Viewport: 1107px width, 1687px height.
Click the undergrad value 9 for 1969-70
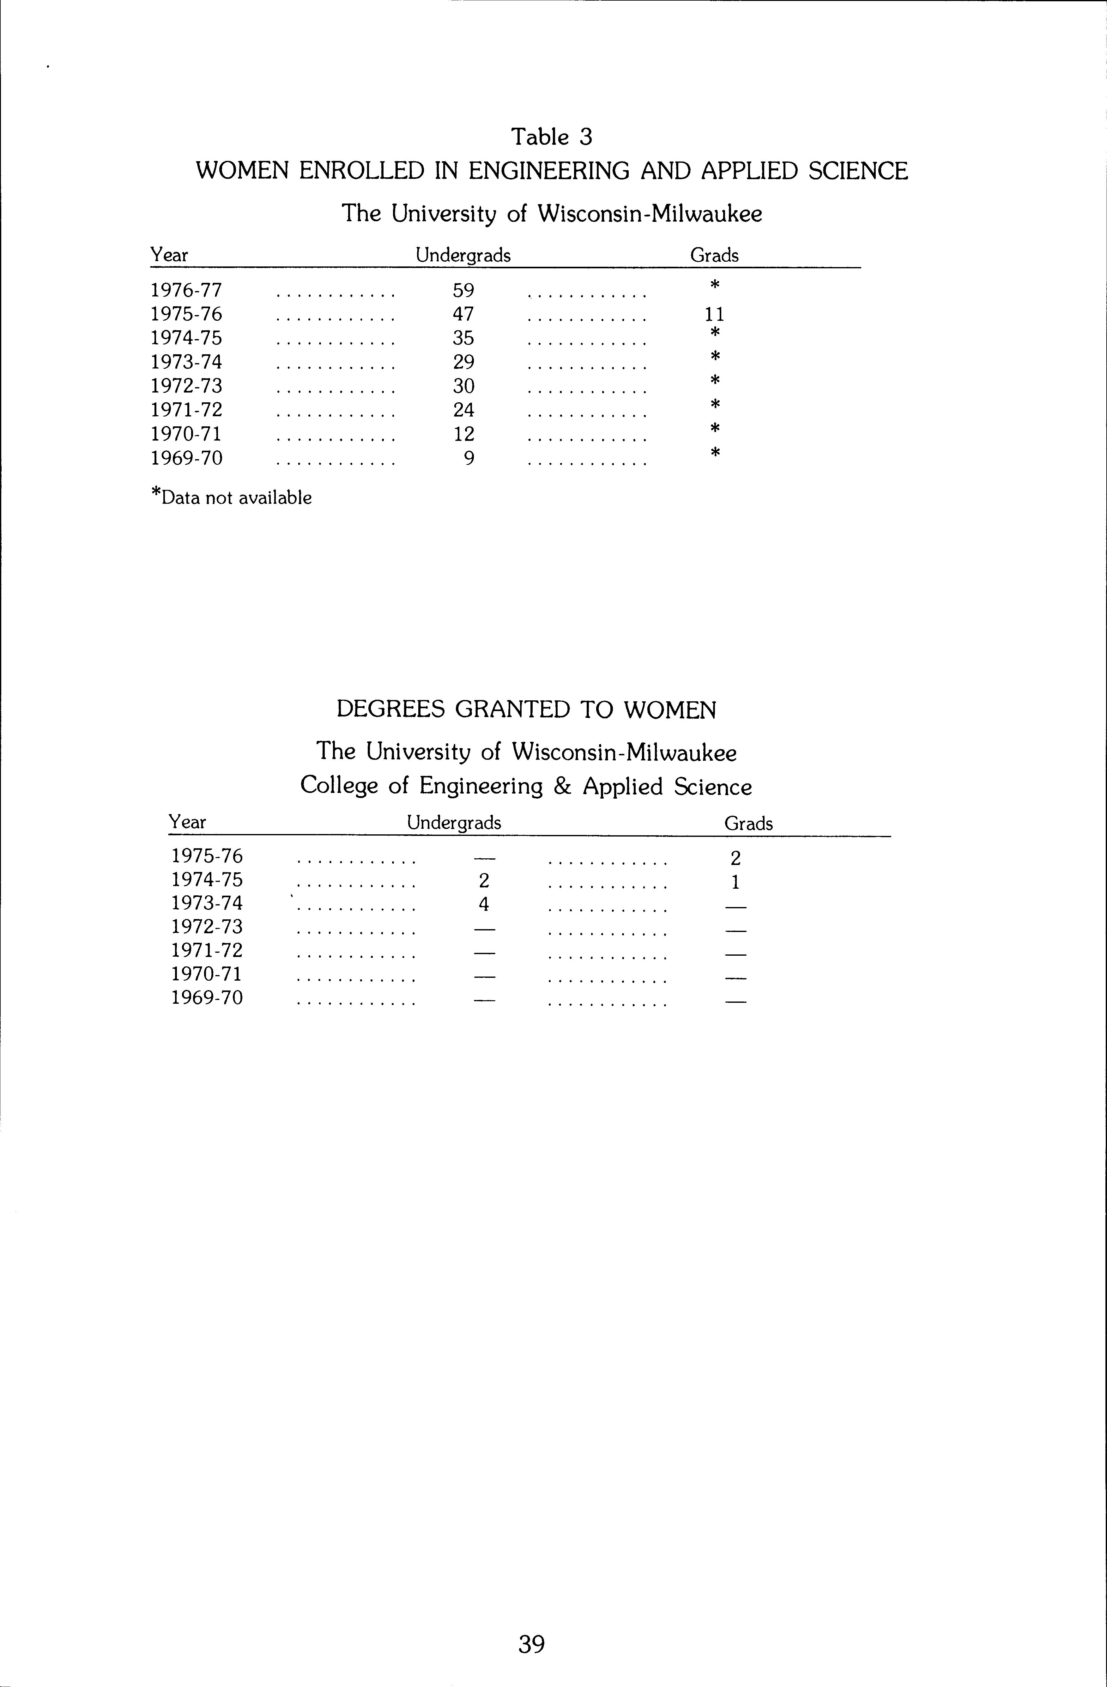tap(469, 459)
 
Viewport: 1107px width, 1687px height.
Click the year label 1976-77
tap(186, 291)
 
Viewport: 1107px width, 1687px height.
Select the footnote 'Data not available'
tap(236, 497)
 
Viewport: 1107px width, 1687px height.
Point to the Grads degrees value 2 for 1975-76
tap(736, 858)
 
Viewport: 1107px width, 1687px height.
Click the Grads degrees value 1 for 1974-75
tap(736, 882)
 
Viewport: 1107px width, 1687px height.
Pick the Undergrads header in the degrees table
tap(454, 823)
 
